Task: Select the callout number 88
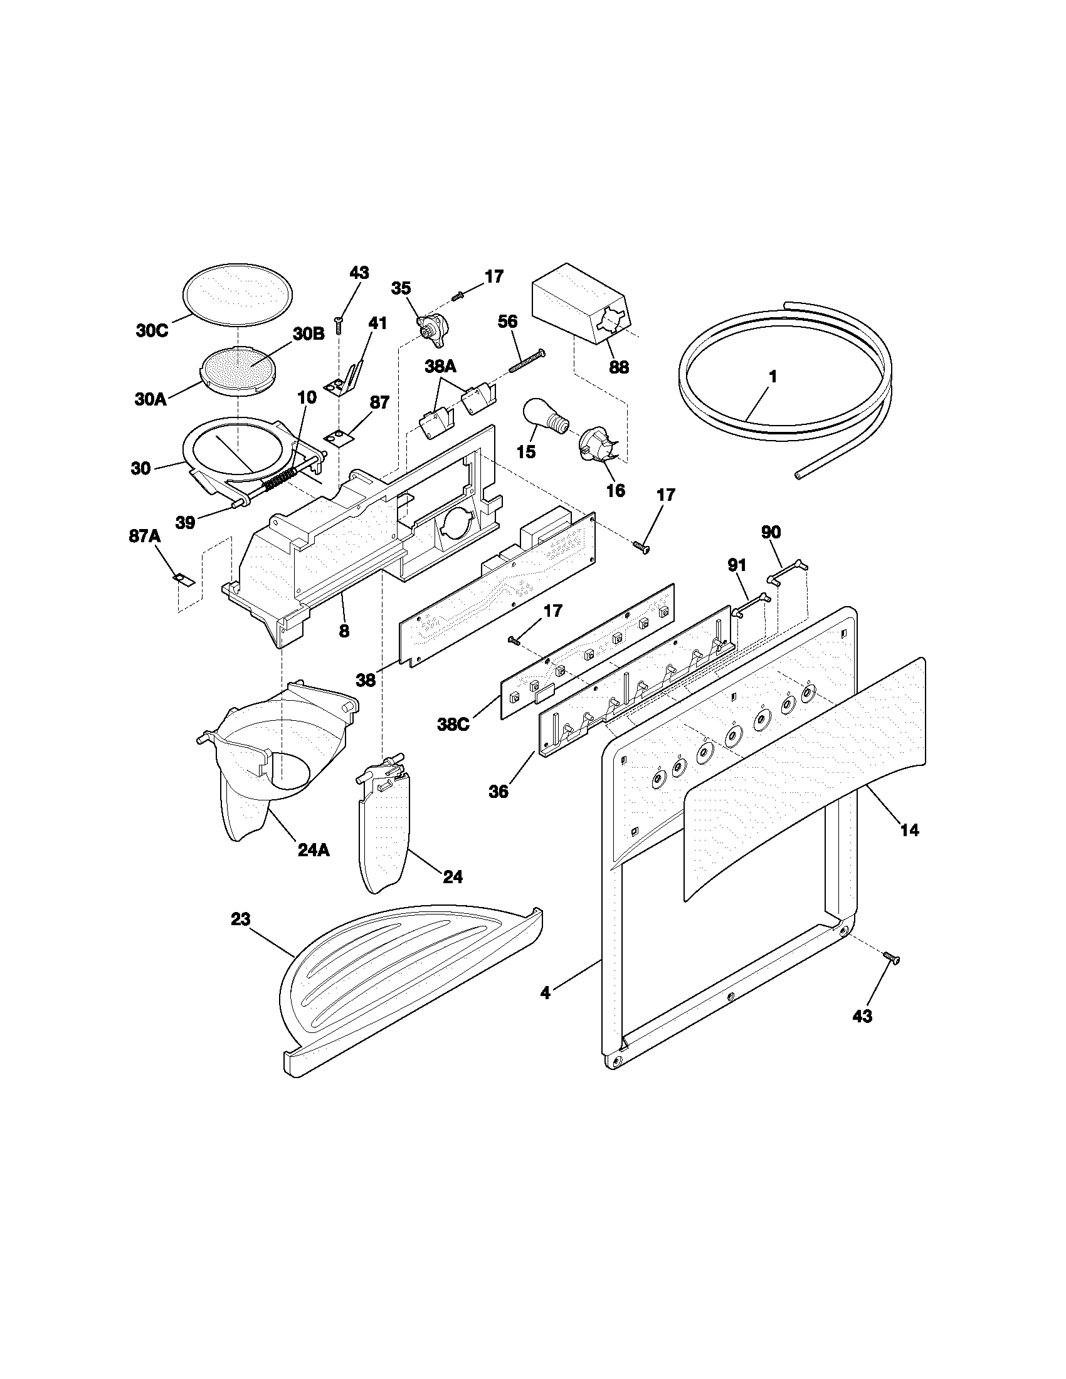618,367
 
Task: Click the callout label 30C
152,330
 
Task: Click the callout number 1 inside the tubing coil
772,377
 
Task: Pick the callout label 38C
453,725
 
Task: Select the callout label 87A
145,536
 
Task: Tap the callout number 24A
314,850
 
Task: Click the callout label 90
771,532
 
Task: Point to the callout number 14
909,831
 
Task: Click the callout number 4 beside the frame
546,1010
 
